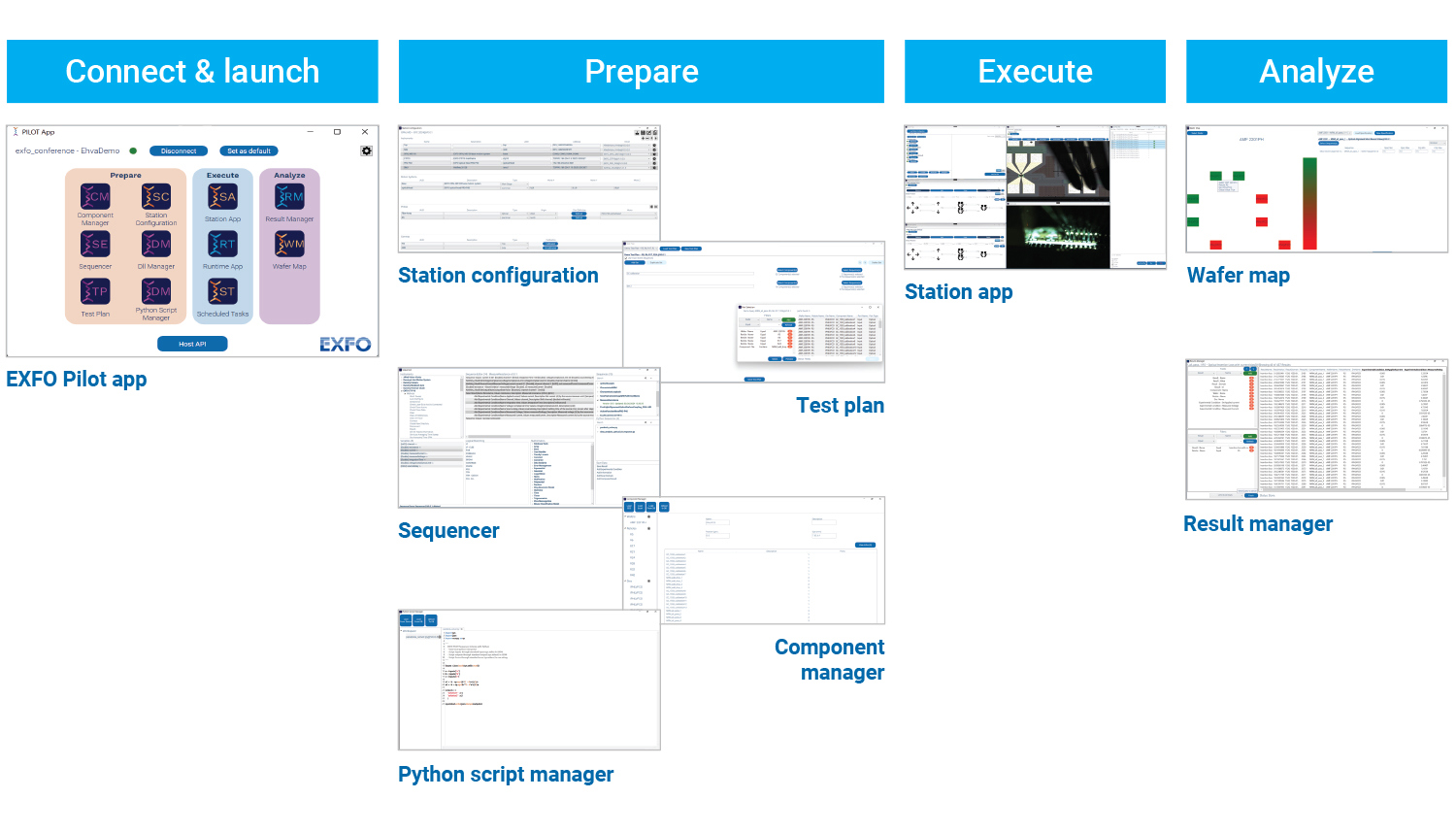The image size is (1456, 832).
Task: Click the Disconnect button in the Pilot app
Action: coord(179,151)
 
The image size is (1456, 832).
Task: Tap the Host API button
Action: coord(192,344)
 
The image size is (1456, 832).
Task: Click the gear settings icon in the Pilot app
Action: coord(366,151)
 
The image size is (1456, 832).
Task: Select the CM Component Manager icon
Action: coord(95,197)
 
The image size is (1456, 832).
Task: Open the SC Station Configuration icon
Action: coord(156,197)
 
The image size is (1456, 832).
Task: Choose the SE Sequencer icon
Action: coord(95,245)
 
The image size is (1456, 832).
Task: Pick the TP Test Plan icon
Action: coord(95,291)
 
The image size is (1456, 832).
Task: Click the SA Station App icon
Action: coord(222,197)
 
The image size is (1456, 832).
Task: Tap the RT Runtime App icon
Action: coord(222,245)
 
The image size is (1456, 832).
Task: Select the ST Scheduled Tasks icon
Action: coord(222,291)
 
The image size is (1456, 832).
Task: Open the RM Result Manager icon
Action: coord(289,197)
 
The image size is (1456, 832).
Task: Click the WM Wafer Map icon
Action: coord(289,245)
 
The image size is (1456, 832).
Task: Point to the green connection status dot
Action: coord(133,151)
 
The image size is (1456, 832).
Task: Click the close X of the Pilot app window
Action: coord(365,132)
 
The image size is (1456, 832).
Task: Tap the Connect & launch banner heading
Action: coord(192,72)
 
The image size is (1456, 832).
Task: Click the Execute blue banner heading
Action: coord(1035,72)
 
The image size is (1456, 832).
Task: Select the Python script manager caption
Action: coord(506,775)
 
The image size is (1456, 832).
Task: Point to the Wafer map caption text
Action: coord(1239,276)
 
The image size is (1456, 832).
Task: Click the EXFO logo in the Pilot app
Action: coord(346,344)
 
